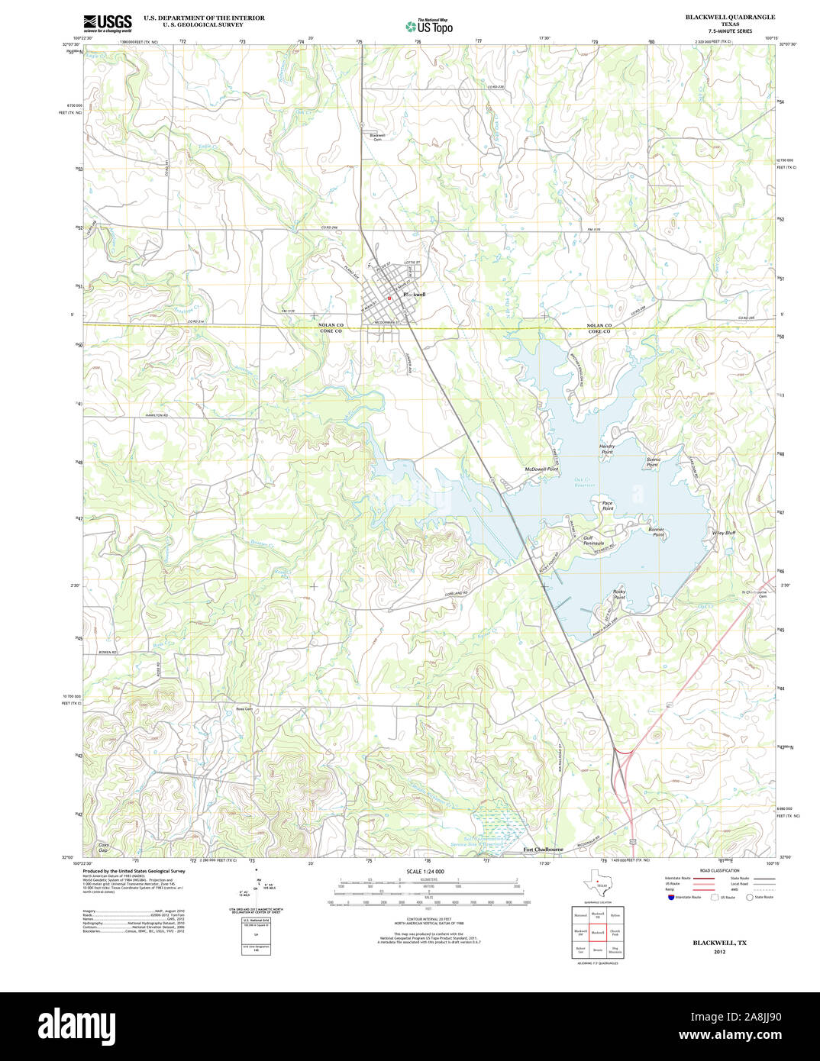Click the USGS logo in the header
(107, 22)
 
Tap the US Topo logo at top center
(429, 26)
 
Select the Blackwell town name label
(414, 294)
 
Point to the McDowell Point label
(541, 469)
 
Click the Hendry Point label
(607, 449)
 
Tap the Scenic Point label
(653, 462)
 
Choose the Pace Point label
(607, 505)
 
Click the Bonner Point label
(657, 532)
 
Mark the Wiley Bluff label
(723, 533)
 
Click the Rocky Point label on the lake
(619, 594)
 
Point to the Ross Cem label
(244, 709)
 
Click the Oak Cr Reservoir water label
(584, 482)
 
